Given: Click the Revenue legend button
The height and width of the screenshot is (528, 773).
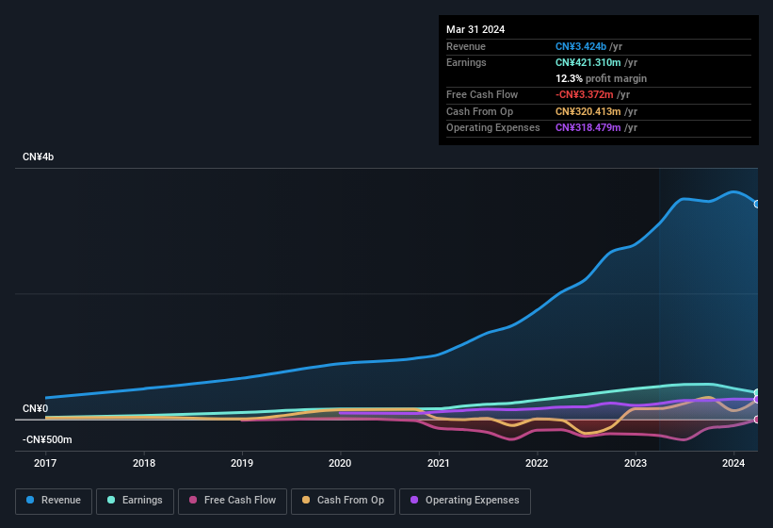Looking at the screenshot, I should coord(54,501).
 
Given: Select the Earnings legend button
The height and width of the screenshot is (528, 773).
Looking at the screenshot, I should coord(135,501).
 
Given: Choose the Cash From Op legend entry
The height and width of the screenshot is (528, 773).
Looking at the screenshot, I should coord(342,501).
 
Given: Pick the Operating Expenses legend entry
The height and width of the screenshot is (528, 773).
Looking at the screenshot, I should coord(464,501).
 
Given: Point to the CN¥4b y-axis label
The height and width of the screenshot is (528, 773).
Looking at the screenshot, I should coord(39,157).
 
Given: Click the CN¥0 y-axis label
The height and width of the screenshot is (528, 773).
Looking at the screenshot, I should coord(35,408).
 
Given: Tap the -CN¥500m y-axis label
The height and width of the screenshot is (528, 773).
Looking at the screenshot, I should coord(47,439).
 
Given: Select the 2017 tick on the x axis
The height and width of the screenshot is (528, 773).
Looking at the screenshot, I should coord(45,463).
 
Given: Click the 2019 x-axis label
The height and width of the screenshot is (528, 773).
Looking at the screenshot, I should coord(242,463).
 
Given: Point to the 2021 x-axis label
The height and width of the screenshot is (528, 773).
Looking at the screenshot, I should coord(438,463).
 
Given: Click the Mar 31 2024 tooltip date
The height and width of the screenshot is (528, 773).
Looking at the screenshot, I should coord(475,29).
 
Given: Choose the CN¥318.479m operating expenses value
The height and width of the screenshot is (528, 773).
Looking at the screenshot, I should coord(588,127).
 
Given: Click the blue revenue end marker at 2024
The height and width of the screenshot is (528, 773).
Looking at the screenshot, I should coord(757,204).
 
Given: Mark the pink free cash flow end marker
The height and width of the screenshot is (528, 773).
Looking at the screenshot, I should coord(757,420).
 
